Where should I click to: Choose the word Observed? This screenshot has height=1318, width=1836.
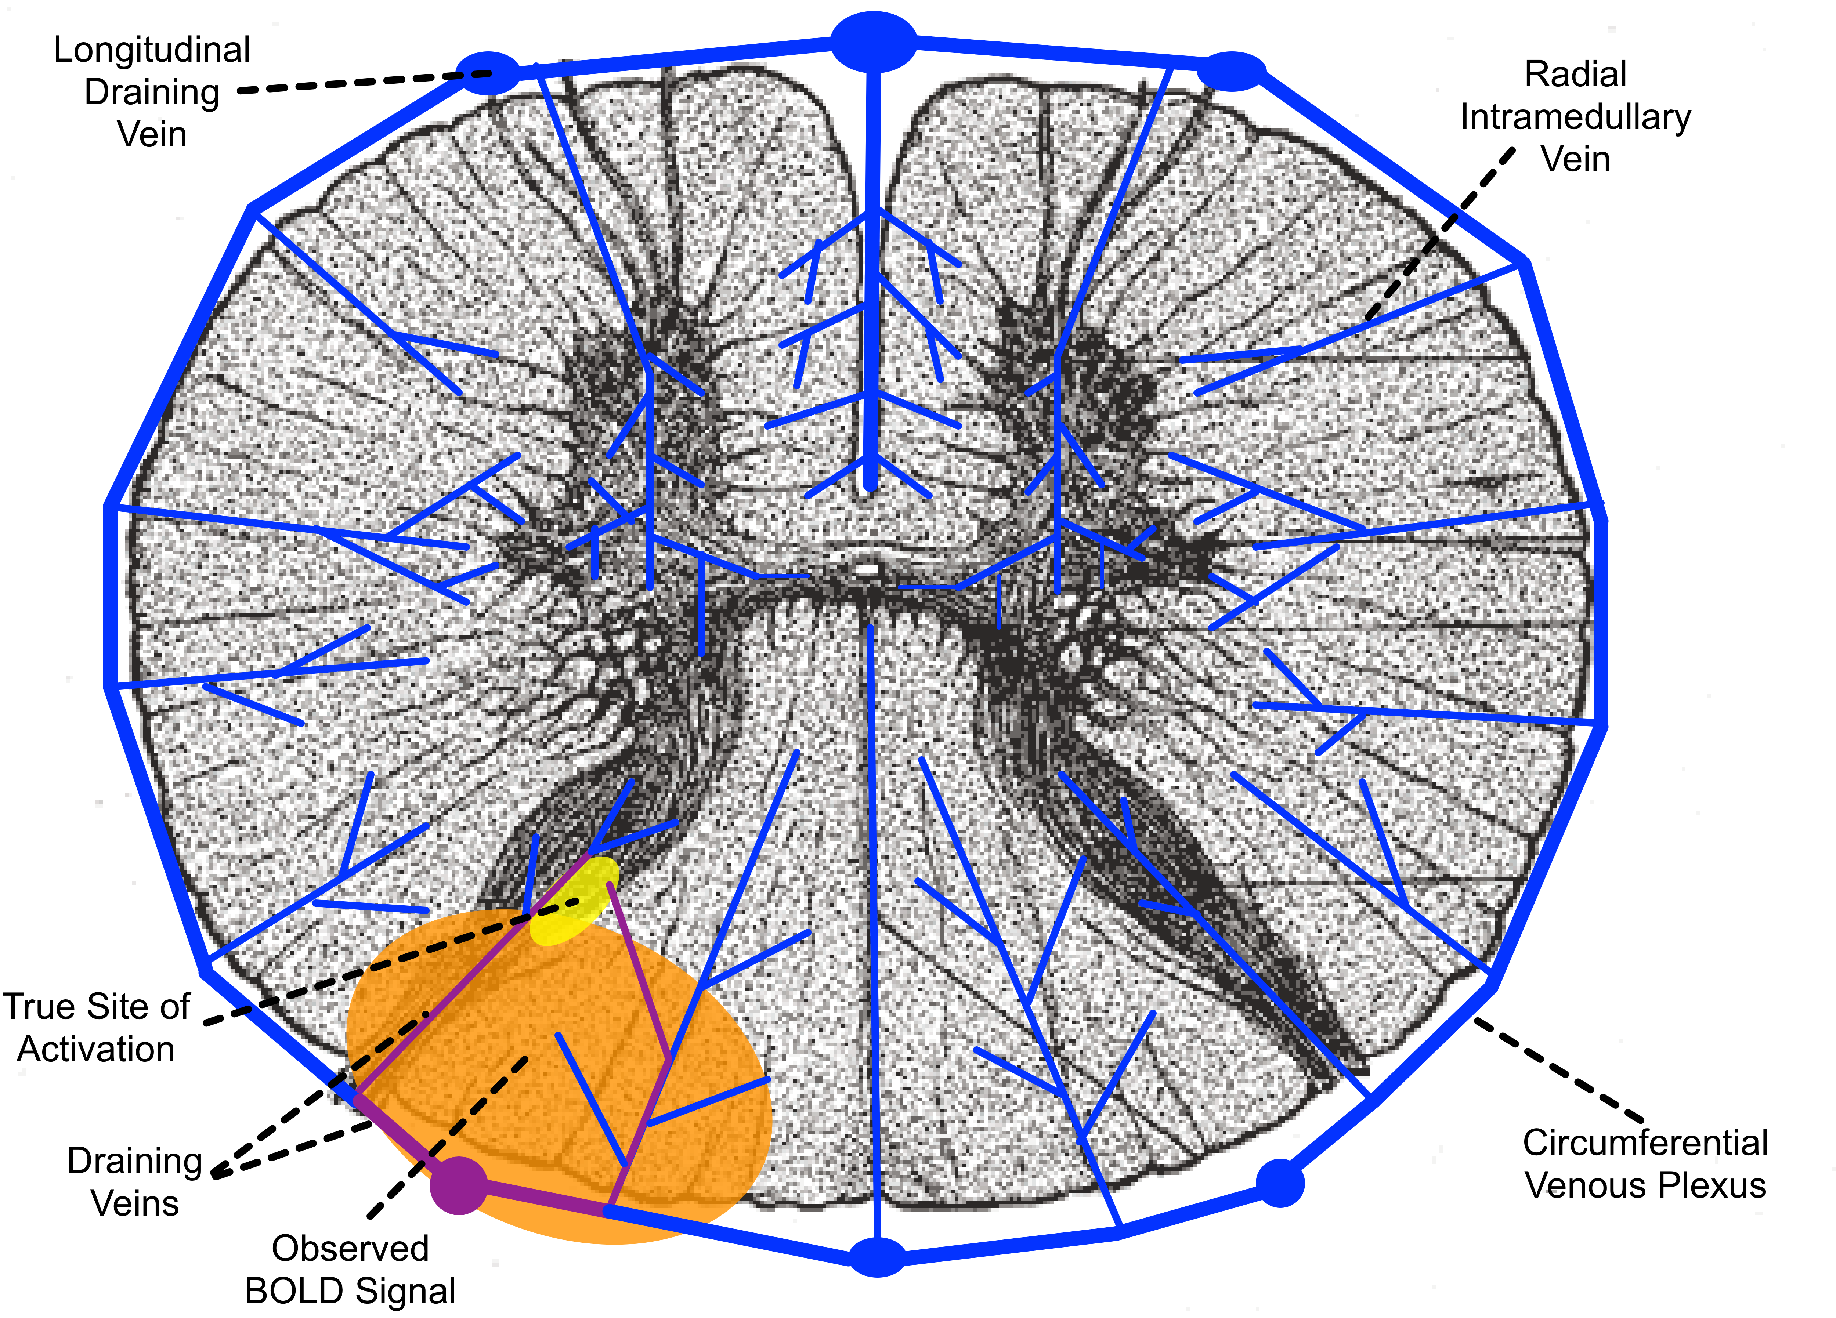click(x=350, y=1248)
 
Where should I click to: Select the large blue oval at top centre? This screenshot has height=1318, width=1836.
click(x=874, y=41)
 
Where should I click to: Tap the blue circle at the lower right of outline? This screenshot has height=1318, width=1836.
click(x=1280, y=1183)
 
